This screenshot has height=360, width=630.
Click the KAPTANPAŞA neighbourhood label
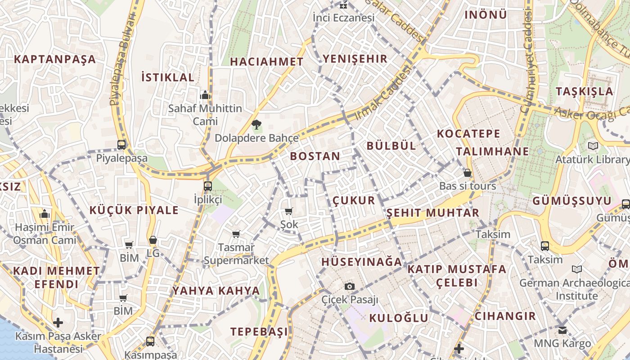click(x=55, y=59)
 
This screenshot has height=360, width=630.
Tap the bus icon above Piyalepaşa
click(x=121, y=145)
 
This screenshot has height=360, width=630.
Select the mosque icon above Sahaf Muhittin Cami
click(x=205, y=95)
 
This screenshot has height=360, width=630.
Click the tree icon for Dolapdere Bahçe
click(x=256, y=125)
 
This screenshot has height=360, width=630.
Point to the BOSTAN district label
click(x=315, y=156)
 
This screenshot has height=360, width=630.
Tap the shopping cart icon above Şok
click(x=289, y=211)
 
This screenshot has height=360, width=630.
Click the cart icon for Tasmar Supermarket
click(x=236, y=234)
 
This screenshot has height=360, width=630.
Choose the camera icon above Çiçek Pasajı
click(x=350, y=286)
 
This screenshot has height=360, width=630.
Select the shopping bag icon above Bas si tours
click(x=468, y=173)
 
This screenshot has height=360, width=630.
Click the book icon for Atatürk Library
click(x=593, y=146)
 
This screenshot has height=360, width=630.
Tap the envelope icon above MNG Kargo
click(x=562, y=330)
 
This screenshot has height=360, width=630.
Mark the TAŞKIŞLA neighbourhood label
click(x=584, y=91)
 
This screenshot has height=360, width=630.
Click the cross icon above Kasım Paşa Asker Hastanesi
click(x=58, y=323)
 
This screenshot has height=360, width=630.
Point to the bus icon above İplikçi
click(x=207, y=186)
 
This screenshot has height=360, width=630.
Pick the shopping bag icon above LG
click(x=153, y=240)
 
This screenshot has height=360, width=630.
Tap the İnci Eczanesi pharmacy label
click(x=343, y=18)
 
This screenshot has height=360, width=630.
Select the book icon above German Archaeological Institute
click(x=576, y=269)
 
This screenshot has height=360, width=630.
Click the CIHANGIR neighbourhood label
click(x=505, y=316)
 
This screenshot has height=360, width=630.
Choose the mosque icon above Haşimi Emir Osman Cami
click(x=45, y=214)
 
